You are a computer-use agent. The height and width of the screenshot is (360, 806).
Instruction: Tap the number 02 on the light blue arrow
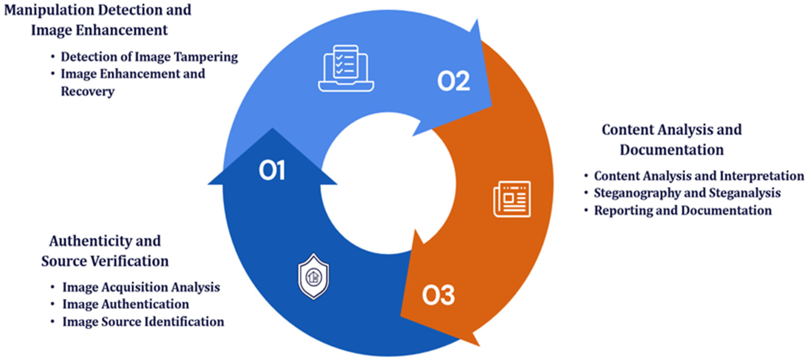point(453,81)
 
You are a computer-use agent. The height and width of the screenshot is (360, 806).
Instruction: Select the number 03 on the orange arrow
point(438,295)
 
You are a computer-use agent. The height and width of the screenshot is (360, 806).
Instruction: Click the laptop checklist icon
point(346,68)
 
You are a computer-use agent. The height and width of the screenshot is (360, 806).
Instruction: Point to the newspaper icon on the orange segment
point(512,199)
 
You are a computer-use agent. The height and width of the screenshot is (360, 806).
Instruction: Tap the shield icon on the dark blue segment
point(313,276)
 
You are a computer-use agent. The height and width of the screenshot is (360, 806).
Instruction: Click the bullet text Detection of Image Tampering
point(149,57)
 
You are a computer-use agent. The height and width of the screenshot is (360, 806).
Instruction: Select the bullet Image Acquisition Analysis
point(141,287)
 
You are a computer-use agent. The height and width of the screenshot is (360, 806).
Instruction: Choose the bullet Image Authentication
point(126,304)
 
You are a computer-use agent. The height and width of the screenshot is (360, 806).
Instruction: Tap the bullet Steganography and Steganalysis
point(687,193)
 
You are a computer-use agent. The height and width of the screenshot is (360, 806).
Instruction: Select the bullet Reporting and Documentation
point(683,210)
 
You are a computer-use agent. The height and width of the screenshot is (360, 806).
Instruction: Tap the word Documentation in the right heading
point(672,150)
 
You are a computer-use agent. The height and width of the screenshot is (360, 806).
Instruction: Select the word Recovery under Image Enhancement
point(88,91)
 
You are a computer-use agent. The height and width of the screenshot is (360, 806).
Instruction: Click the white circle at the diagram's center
point(388,183)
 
